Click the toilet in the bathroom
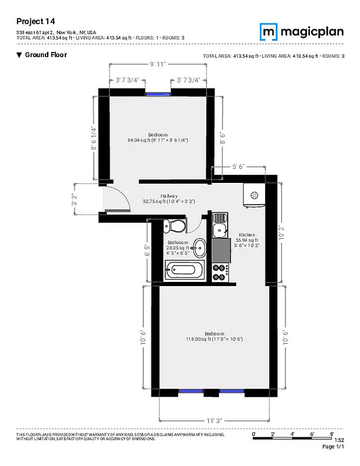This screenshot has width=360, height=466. [x=175, y=226]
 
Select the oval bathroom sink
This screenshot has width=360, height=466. [x=200, y=248]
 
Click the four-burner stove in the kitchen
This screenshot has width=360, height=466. [x=221, y=270]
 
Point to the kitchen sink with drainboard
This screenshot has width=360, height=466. [x=220, y=224]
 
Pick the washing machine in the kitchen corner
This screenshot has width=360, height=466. [x=255, y=197]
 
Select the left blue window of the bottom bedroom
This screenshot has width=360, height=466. [x=190, y=391]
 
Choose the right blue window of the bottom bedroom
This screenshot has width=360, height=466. [x=232, y=391]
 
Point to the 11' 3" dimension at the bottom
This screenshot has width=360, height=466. [x=214, y=419]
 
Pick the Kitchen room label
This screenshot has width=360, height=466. [x=247, y=235]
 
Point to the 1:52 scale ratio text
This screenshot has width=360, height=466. [x=340, y=440]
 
